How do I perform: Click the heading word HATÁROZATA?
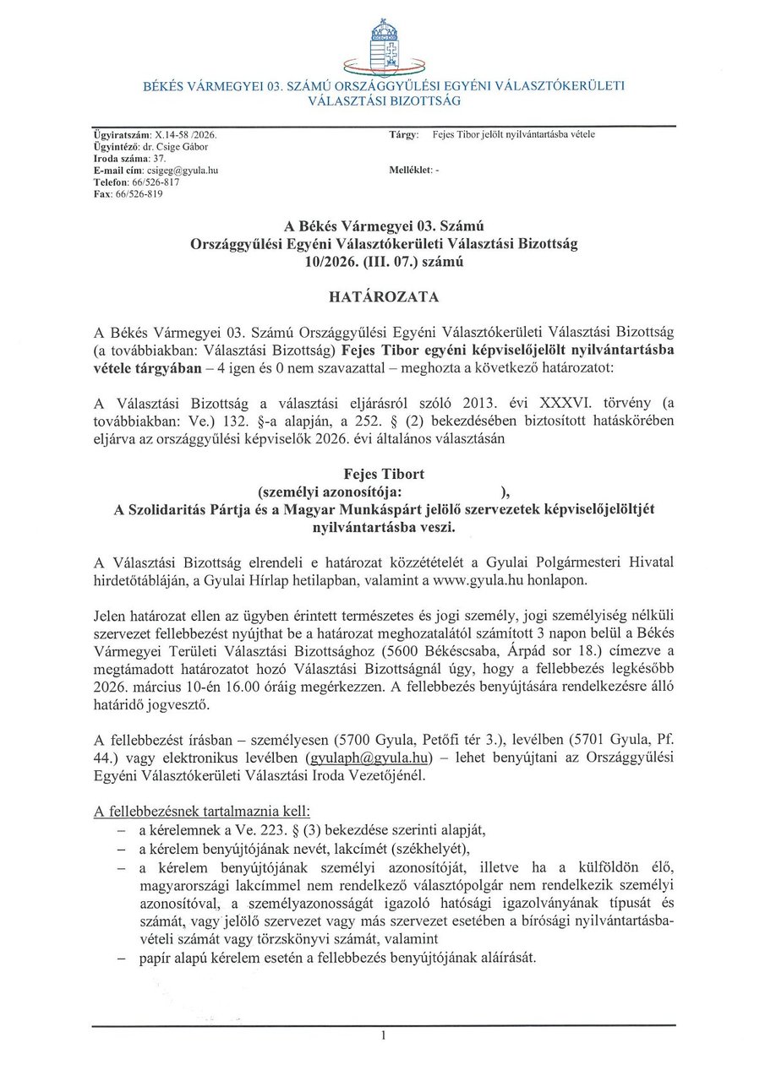click(383, 297)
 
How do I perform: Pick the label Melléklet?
click(410, 170)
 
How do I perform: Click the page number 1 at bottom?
click(383, 1035)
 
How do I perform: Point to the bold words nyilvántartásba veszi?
click(383, 526)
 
